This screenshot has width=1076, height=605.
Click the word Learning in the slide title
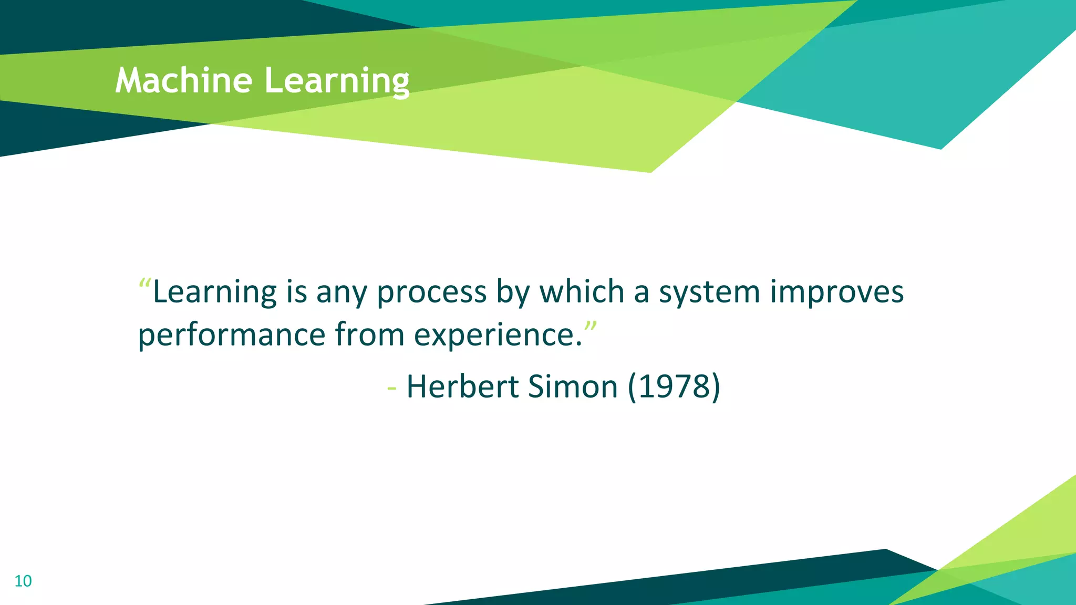336,81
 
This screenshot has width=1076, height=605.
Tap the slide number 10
23,581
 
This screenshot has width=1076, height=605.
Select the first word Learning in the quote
214,292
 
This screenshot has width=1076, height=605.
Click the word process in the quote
432,293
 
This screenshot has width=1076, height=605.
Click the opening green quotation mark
144,284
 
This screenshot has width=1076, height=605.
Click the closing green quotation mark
591,326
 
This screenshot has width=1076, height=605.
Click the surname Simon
573,387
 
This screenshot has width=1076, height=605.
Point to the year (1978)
674,387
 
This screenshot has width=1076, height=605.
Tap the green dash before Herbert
391,389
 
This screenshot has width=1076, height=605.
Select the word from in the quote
369,335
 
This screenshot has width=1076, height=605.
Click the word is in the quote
296,292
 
